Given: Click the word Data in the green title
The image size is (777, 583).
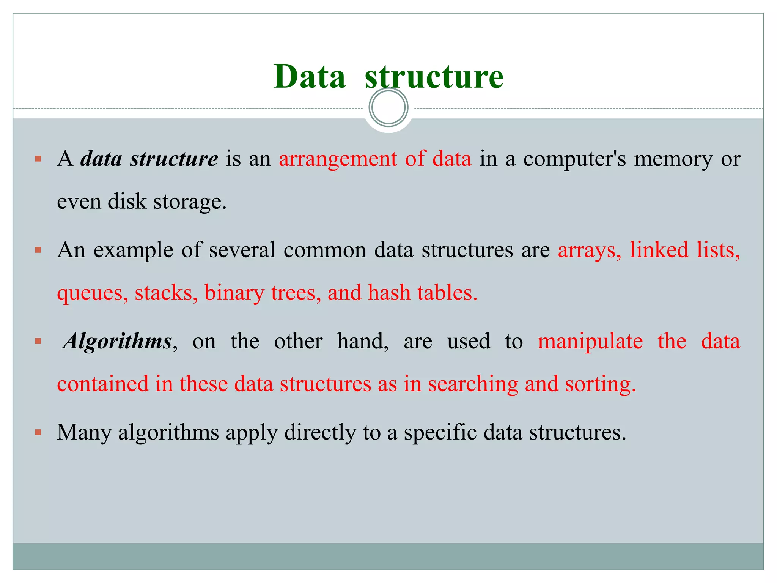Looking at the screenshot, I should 309,77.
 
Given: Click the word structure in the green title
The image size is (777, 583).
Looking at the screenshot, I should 434,77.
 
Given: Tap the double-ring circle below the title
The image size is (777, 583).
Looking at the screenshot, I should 388,107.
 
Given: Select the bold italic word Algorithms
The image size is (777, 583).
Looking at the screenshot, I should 118,341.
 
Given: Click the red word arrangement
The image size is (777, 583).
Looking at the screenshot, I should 338,159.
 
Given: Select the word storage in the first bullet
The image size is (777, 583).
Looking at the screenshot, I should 190,202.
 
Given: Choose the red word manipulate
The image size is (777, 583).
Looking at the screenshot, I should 590,341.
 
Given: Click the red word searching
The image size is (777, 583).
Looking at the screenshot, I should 473,384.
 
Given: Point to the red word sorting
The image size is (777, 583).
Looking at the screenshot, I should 600,384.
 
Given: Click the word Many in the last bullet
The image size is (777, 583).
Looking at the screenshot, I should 84,433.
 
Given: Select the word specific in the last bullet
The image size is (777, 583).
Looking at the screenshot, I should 440,433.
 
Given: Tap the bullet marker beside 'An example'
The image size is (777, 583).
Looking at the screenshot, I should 38,250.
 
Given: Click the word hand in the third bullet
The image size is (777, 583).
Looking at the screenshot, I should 362,341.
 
